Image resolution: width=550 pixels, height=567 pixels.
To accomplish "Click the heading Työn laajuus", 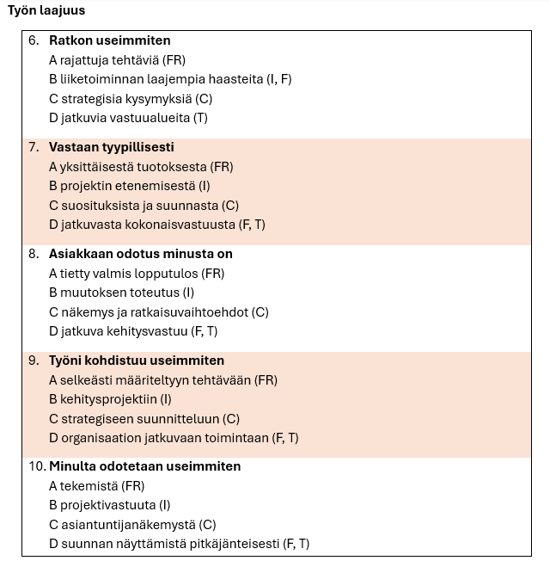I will click(46, 11).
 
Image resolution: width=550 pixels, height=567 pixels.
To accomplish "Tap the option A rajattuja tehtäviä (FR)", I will click(117, 60).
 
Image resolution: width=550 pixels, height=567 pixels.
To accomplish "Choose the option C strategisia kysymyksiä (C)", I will click(130, 99).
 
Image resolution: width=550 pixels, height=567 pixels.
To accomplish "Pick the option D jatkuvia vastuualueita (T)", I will click(128, 118).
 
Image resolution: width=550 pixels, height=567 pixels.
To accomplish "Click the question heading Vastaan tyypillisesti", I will click(111, 147).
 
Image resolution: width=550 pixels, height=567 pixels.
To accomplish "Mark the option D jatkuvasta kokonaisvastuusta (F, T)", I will click(156, 225).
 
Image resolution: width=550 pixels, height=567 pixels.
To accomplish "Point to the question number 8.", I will click(34, 254).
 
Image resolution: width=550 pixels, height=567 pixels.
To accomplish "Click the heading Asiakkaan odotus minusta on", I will click(140, 254).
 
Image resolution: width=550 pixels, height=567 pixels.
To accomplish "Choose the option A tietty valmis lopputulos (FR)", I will click(136, 274).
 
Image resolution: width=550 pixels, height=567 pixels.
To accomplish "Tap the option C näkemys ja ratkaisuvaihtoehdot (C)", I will click(158, 312).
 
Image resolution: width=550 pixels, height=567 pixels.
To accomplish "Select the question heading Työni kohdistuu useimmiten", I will click(136, 361).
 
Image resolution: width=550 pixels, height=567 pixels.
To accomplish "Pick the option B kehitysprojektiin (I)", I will click(110, 399).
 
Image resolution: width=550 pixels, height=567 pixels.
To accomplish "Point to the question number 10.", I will click(36, 466).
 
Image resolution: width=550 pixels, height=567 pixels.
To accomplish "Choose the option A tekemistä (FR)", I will click(96, 486).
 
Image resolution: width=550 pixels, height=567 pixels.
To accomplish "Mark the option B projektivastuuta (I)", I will click(109, 505).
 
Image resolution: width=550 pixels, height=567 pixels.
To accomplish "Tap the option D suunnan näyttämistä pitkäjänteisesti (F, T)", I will click(179, 544).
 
